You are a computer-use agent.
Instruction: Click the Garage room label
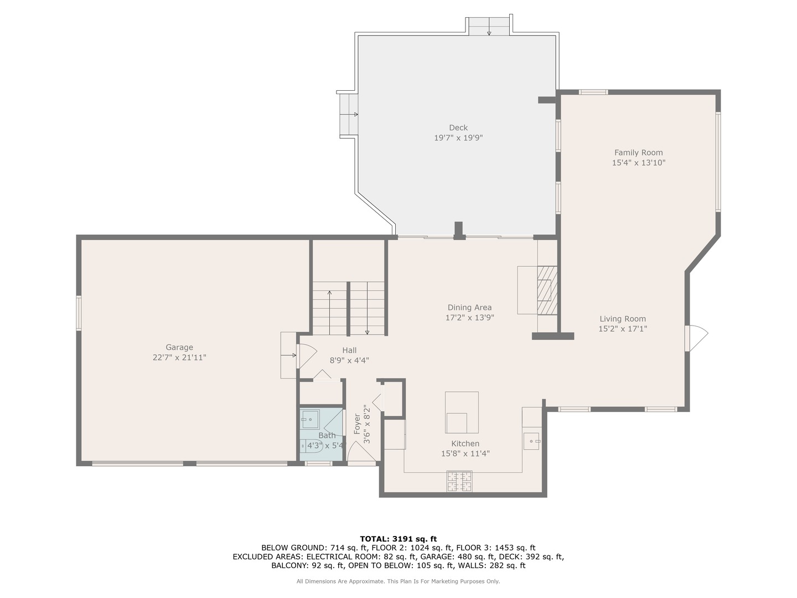pyautogui.click(x=179, y=348)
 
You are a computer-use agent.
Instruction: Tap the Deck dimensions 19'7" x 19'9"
pyautogui.click(x=458, y=138)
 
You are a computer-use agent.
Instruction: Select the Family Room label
pyautogui.click(x=638, y=153)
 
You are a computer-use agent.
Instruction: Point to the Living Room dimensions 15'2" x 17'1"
pyautogui.click(x=623, y=329)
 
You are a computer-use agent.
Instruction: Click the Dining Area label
pyautogui.click(x=469, y=308)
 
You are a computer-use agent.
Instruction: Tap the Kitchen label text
pyautogui.click(x=465, y=444)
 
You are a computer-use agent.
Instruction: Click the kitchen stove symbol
pyautogui.click(x=459, y=481)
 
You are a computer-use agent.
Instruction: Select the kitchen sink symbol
pyautogui.click(x=531, y=441)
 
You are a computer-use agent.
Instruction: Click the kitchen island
pyautogui.click(x=462, y=413)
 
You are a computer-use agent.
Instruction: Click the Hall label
pyautogui.click(x=349, y=350)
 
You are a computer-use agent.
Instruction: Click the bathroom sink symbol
pyautogui.click(x=310, y=420)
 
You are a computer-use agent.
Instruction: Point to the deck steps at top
pyautogui.click(x=489, y=27)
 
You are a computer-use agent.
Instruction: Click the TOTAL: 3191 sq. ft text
pyautogui.click(x=398, y=539)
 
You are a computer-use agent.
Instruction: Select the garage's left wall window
pyautogui.click(x=79, y=313)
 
